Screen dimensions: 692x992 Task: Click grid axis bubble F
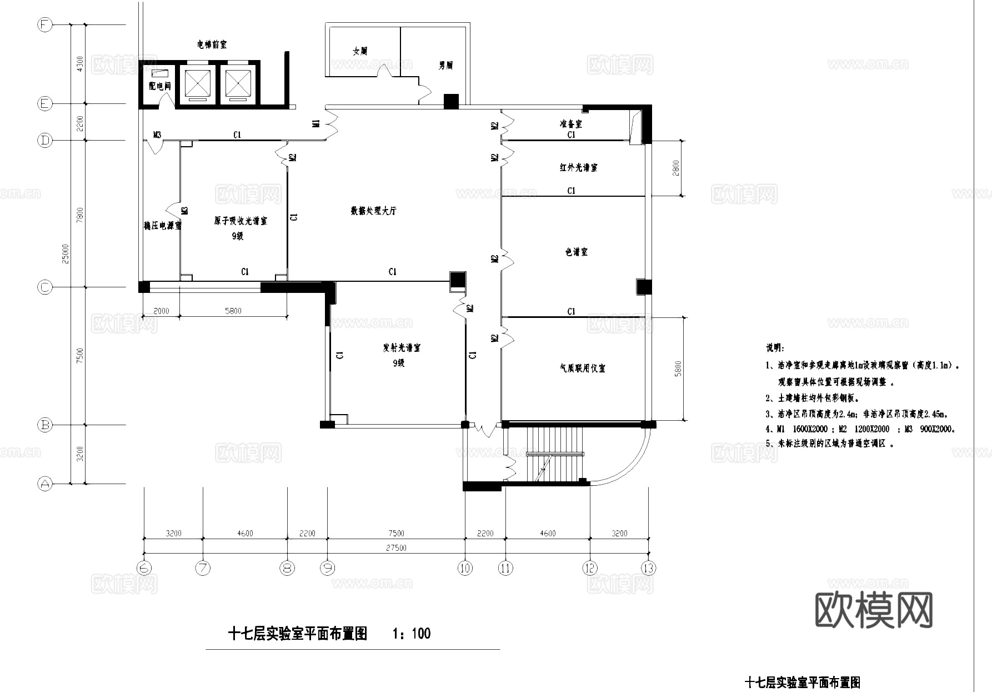click(x=44, y=25)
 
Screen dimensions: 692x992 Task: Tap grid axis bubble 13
click(x=648, y=568)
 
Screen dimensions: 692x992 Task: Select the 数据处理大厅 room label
click(x=373, y=211)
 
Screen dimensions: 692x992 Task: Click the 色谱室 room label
click(x=576, y=252)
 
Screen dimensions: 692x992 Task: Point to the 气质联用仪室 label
click(x=582, y=368)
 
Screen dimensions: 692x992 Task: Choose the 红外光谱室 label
click(x=578, y=167)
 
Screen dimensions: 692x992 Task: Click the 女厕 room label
click(x=360, y=51)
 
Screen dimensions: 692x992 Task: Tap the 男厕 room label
click(x=445, y=66)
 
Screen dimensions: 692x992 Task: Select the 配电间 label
click(x=159, y=86)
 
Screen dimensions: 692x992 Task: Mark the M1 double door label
click(x=315, y=123)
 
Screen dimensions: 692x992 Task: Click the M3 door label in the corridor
click(x=157, y=135)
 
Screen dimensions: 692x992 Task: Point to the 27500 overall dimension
click(x=396, y=547)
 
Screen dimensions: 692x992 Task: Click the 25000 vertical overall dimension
click(x=66, y=253)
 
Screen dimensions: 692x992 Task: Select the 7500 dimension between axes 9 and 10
click(x=396, y=534)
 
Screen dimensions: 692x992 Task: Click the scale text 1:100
click(x=412, y=634)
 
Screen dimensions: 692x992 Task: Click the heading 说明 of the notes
click(x=775, y=349)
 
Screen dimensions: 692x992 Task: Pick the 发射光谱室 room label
click(x=401, y=348)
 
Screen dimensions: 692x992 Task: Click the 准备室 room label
click(x=570, y=124)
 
